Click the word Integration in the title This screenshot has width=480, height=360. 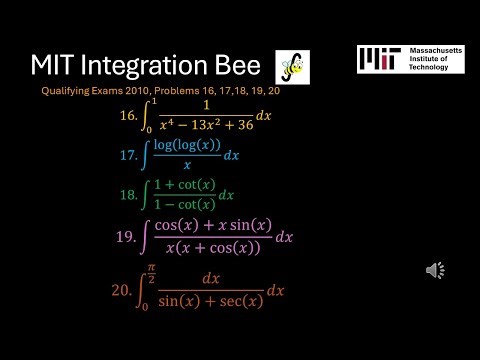pos(142,68)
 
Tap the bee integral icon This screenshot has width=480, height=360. pos(292,67)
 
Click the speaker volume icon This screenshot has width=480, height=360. pos(436,270)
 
